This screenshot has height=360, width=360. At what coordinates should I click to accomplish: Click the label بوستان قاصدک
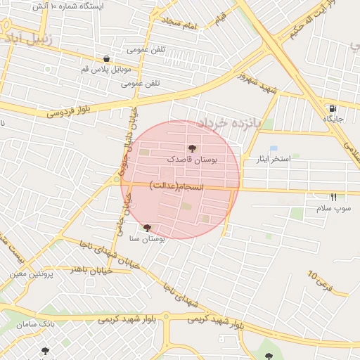pyautogui.click(x=192, y=160)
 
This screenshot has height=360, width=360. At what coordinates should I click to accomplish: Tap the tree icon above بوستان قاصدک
pyautogui.click(x=193, y=148)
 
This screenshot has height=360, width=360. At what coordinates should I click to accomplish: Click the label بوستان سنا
pyautogui.click(x=147, y=239)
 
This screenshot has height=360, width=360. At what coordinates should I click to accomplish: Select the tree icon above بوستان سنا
pyautogui.click(x=147, y=228)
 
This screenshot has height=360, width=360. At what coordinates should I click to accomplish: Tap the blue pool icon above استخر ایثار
pyautogui.click(x=294, y=154)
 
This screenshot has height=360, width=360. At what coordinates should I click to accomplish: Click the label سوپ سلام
pyautogui.click(x=333, y=209)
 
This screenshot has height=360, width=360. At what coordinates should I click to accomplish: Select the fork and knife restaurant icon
pyautogui.click(x=333, y=198)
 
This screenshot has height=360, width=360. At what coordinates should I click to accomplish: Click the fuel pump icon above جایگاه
pyautogui.click(x=332, y=109)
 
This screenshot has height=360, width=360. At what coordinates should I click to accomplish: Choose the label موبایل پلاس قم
pyautogui.click(x=105, y=70)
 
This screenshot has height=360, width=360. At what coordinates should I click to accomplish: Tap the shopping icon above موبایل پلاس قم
pyautogui.click(x=106, y=59)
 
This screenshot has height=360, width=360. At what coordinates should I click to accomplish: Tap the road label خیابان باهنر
pyautogui.click(x=83, y=269)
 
